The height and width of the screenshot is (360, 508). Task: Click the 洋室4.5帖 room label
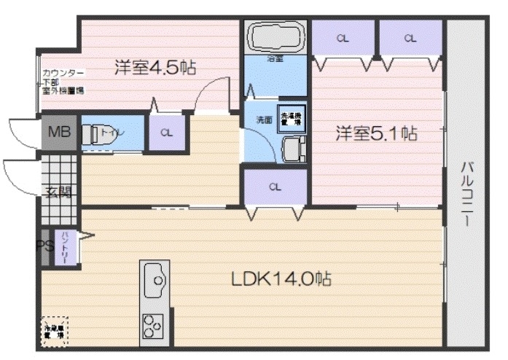pos(155,68)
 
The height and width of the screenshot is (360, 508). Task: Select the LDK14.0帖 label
pos(282,278)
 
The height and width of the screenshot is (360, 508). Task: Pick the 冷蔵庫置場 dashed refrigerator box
pos(54,330)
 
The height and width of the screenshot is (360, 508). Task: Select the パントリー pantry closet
pos(65,240)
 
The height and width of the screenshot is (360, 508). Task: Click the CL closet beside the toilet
pos(167,133)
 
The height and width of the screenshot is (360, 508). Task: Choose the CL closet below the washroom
pos(275,187)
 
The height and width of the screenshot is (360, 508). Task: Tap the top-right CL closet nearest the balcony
pos(410,39)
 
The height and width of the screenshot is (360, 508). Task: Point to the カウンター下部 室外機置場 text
pos(63,82)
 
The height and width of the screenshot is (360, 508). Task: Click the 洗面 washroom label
pos(263,120)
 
